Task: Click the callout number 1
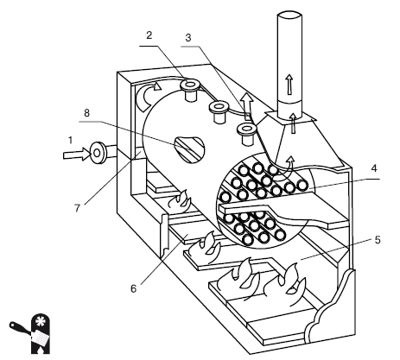71,141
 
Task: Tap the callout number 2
149,35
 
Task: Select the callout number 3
188,38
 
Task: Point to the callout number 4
374,168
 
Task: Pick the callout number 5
378,240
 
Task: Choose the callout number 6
133,288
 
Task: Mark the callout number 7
77,208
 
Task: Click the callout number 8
86,113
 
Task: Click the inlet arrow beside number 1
77,155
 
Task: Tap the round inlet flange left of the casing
97,153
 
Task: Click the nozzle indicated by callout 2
190,89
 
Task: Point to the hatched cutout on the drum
189,149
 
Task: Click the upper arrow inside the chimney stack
289,84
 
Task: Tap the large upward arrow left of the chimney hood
247,106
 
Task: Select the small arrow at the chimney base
293,123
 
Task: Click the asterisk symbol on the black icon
40,320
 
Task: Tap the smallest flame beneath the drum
180,200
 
